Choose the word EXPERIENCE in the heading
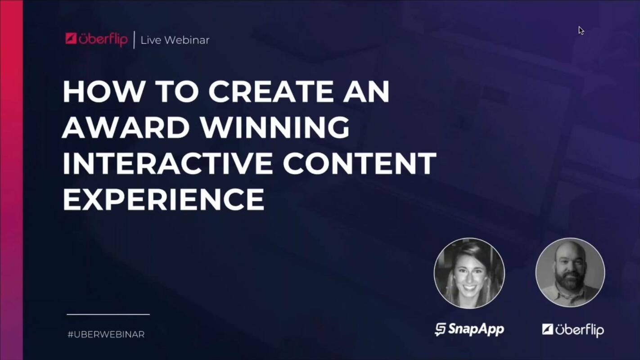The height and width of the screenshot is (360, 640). [x=163, y=199]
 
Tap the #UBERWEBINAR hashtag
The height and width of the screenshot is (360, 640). [x=106, y=335]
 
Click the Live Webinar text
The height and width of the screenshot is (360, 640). [x=175, y=40]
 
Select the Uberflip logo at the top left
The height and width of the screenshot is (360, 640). [x=96, y=40]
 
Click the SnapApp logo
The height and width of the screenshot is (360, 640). [x=469, y=329]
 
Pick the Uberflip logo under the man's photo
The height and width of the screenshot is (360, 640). [x=572, y=330]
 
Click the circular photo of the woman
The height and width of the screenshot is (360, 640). [x=469, y=274]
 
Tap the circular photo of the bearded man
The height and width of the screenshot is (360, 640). [x=570, y=273]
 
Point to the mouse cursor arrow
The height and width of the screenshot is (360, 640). [x=581, y=30]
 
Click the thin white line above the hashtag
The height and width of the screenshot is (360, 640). [x=108, y=315]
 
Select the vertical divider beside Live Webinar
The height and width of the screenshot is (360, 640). [x=134, y=40]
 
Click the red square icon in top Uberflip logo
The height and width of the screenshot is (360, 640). [x=71, y=39]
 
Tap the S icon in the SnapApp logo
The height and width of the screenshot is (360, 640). [x=440, y=330]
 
